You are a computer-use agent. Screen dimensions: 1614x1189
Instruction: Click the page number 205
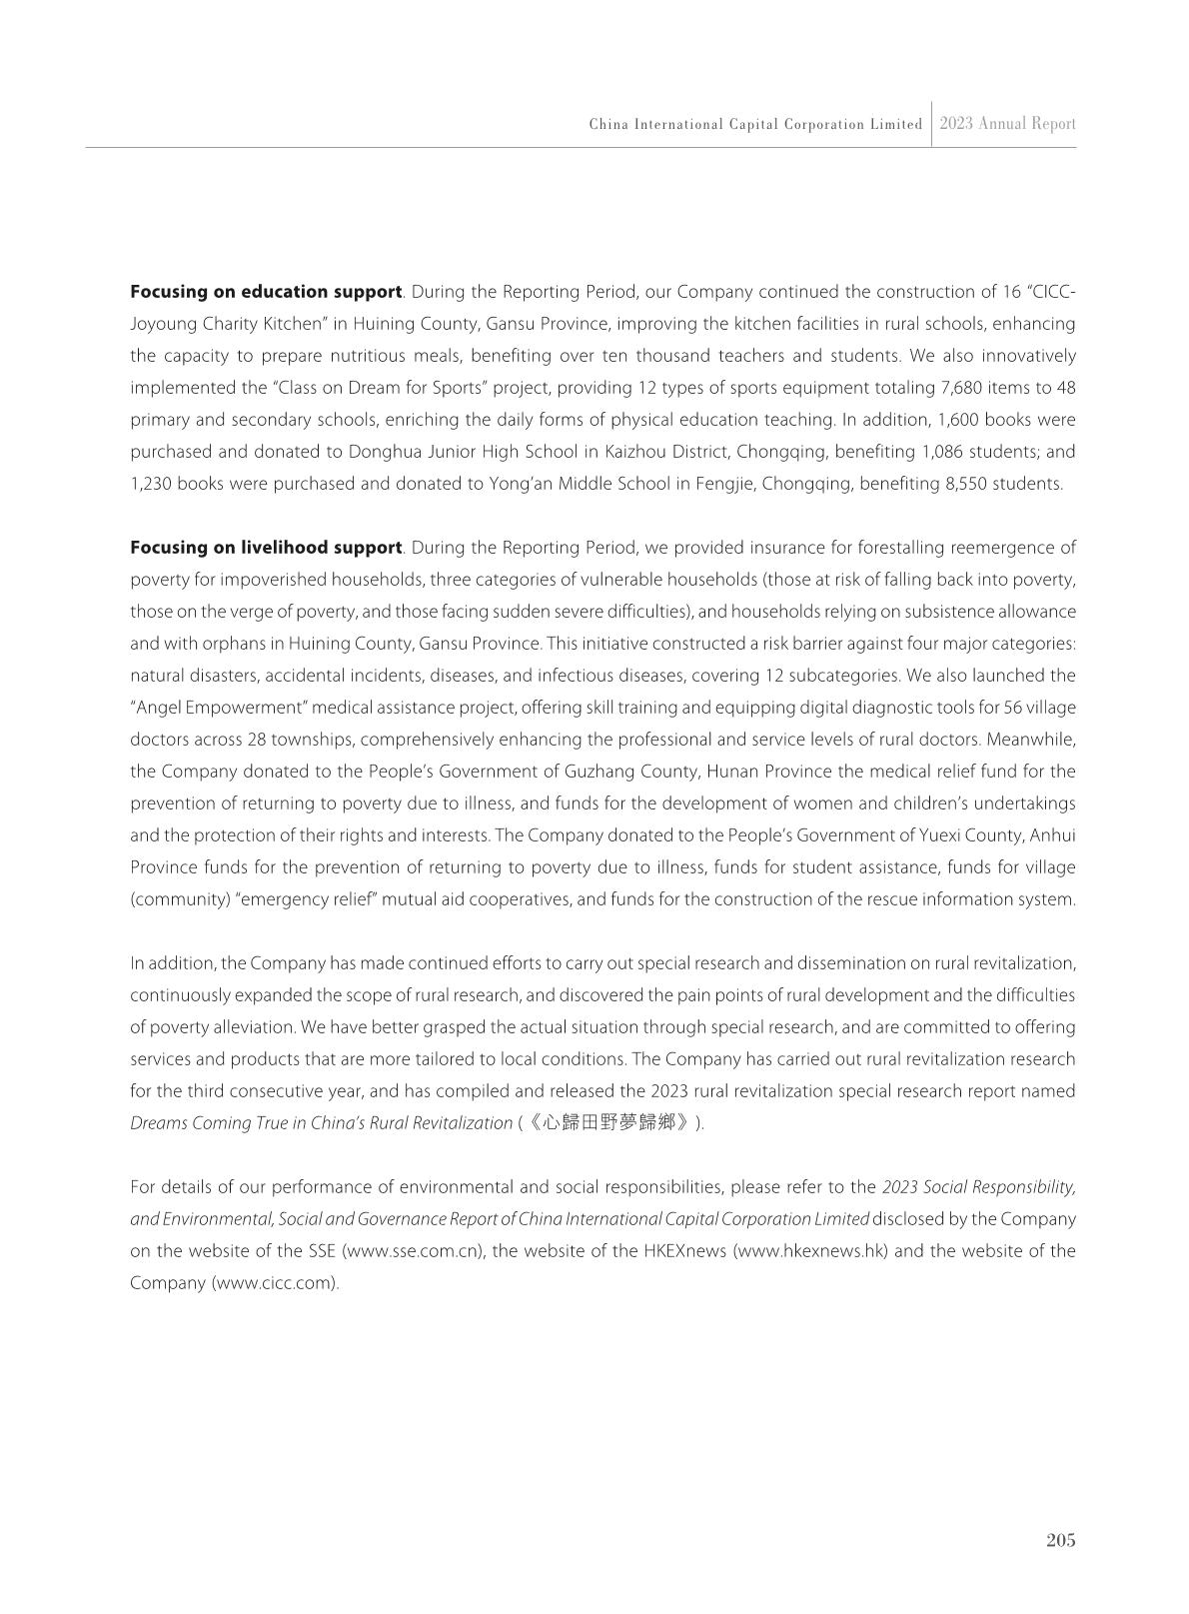pyautogui.click(x=1060, y=1540)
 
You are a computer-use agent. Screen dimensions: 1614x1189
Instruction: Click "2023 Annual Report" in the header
pyautogui.click(x=1007, y=124)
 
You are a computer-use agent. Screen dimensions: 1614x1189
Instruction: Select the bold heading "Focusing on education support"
pyautogui.click(x=266, y=292)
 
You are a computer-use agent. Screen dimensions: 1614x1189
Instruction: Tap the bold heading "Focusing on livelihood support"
pyautogui.click(x=266, y=548)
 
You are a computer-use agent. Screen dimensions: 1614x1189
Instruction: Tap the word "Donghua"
pyautogui.click(x=380, y=452)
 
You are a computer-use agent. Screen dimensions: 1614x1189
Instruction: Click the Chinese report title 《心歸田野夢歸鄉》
pyautogui.click(x=609, y=1122)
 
